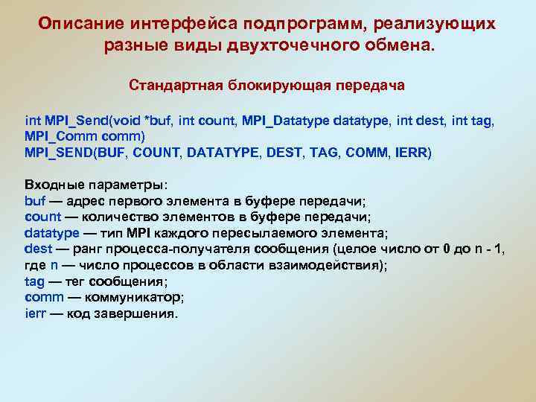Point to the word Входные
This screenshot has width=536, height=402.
pyautogui.click(x=57, y=185)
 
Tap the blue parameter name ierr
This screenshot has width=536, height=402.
pyautogui.click(x=35, y=313)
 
